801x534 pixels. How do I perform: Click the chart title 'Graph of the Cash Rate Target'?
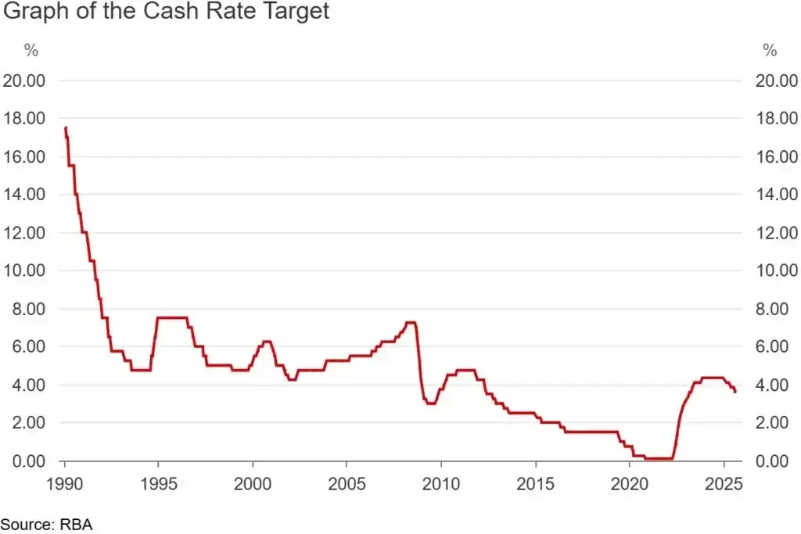166,12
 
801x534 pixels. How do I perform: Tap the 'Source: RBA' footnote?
46,524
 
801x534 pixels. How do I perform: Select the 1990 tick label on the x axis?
65,481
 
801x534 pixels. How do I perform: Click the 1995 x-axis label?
159,481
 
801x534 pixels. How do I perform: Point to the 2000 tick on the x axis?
253,481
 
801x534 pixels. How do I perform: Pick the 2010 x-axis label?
441,481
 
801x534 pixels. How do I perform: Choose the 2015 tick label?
535,481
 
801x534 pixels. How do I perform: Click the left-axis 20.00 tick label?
24,81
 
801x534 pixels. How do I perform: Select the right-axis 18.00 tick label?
777,119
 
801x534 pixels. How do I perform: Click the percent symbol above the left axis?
31,52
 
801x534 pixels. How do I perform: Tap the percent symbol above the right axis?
770,52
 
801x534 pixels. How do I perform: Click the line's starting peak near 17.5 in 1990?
66,127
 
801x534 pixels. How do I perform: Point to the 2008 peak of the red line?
410,322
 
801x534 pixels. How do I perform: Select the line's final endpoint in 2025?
735,392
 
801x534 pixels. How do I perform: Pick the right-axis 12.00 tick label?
777,233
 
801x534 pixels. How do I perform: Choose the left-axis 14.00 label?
24,195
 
